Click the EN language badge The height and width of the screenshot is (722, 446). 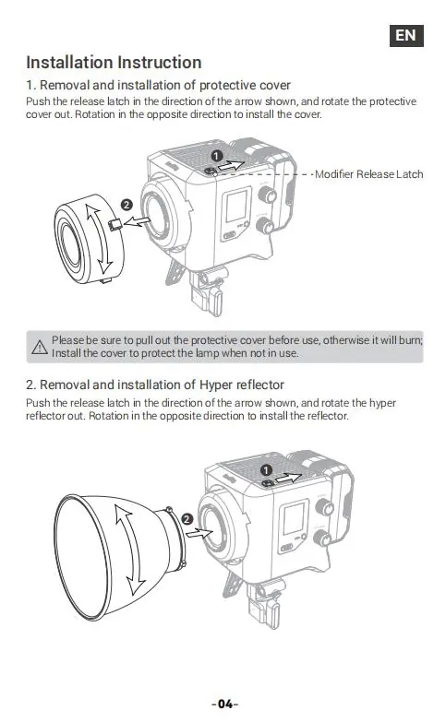pyautogui.click(x=406, y=35)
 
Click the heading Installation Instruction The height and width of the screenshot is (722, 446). pyautogui.click(x=114, y=62)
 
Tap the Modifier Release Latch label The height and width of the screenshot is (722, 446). pyautogui.click(x=369, y=174)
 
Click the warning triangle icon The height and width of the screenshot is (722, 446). pyautogui.click(x=40, y=347)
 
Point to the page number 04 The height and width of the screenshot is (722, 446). pyautogui.click(x=225, y=704)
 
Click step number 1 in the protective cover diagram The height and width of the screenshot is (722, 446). pyautogui.click(x=217, y=156)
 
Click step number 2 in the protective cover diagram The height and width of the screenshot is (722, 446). pyautogui.click(x=127, y=205)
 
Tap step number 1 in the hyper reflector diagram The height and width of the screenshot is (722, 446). pyautogui.click(x=266, y=470)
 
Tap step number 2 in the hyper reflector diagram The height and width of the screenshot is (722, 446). pyautogui.click(x=187, y=519)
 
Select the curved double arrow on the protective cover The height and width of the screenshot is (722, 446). pyautogui.click(x=99, y=240)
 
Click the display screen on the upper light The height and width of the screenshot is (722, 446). pyautogui.click(x=236, y=207)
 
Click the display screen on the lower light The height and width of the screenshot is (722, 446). pyautogui.click(x=294, y=518)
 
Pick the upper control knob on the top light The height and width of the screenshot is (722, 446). pyautogui.click(x=267, y=195)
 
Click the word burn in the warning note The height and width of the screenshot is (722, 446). pyautogui.click(x=410, y=340)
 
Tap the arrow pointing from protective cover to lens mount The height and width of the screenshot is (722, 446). pyautogui.click(x=137, y=222)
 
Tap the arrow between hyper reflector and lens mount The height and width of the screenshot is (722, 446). pyautogui.click(x=199, y=534)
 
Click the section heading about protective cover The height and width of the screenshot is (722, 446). pyautogui.click(x=158, y=85)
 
